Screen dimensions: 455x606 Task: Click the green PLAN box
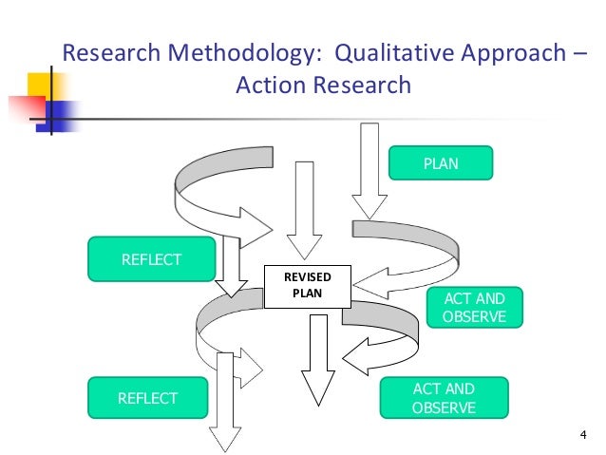click(x=441, y=163)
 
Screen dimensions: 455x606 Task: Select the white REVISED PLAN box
click(x=307, y=286)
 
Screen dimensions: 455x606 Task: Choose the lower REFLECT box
click(x=147, y=398)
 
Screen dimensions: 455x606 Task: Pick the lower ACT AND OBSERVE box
click(x=444, y=398)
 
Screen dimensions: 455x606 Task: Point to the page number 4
click(x=582, y=436)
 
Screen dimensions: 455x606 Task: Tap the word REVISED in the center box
click(x=307, y=276)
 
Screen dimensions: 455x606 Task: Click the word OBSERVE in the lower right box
click(x=444, y=408)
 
